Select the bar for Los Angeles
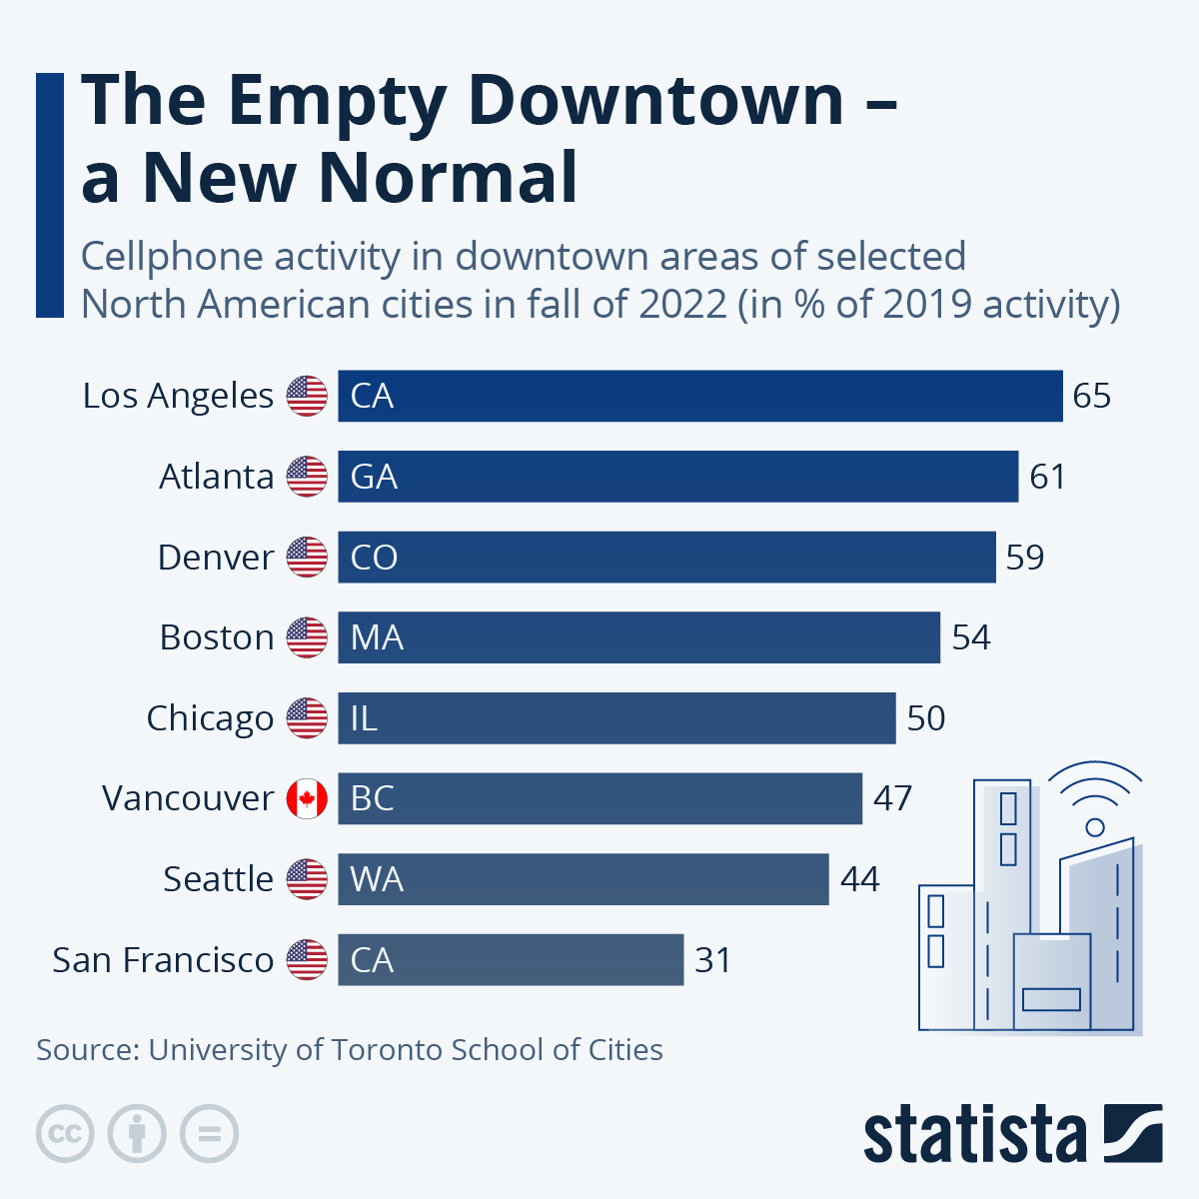tap(699, 396)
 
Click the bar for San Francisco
tap(511, 959)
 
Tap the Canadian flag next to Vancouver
tap(307, 798)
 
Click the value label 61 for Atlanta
tap(1047, 477)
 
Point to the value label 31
tap(713, 960)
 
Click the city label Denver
tap(216, 558)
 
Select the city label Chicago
tap(210, 718)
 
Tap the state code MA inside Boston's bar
tap(377, 637)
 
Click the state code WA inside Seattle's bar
tap(377, 879)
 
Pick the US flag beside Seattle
tap(307, 879)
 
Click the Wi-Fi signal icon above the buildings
tap(1096, 794)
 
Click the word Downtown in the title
tap(655, 100)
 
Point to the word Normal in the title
tap(448, 178)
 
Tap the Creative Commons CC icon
tap(65, 1134)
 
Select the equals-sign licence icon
tap(210, 1134)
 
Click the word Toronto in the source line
tap(386, 1050)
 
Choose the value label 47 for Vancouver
tap(892, 798)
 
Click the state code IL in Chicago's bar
tap(364, 718)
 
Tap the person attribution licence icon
tap(137, 1134)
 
